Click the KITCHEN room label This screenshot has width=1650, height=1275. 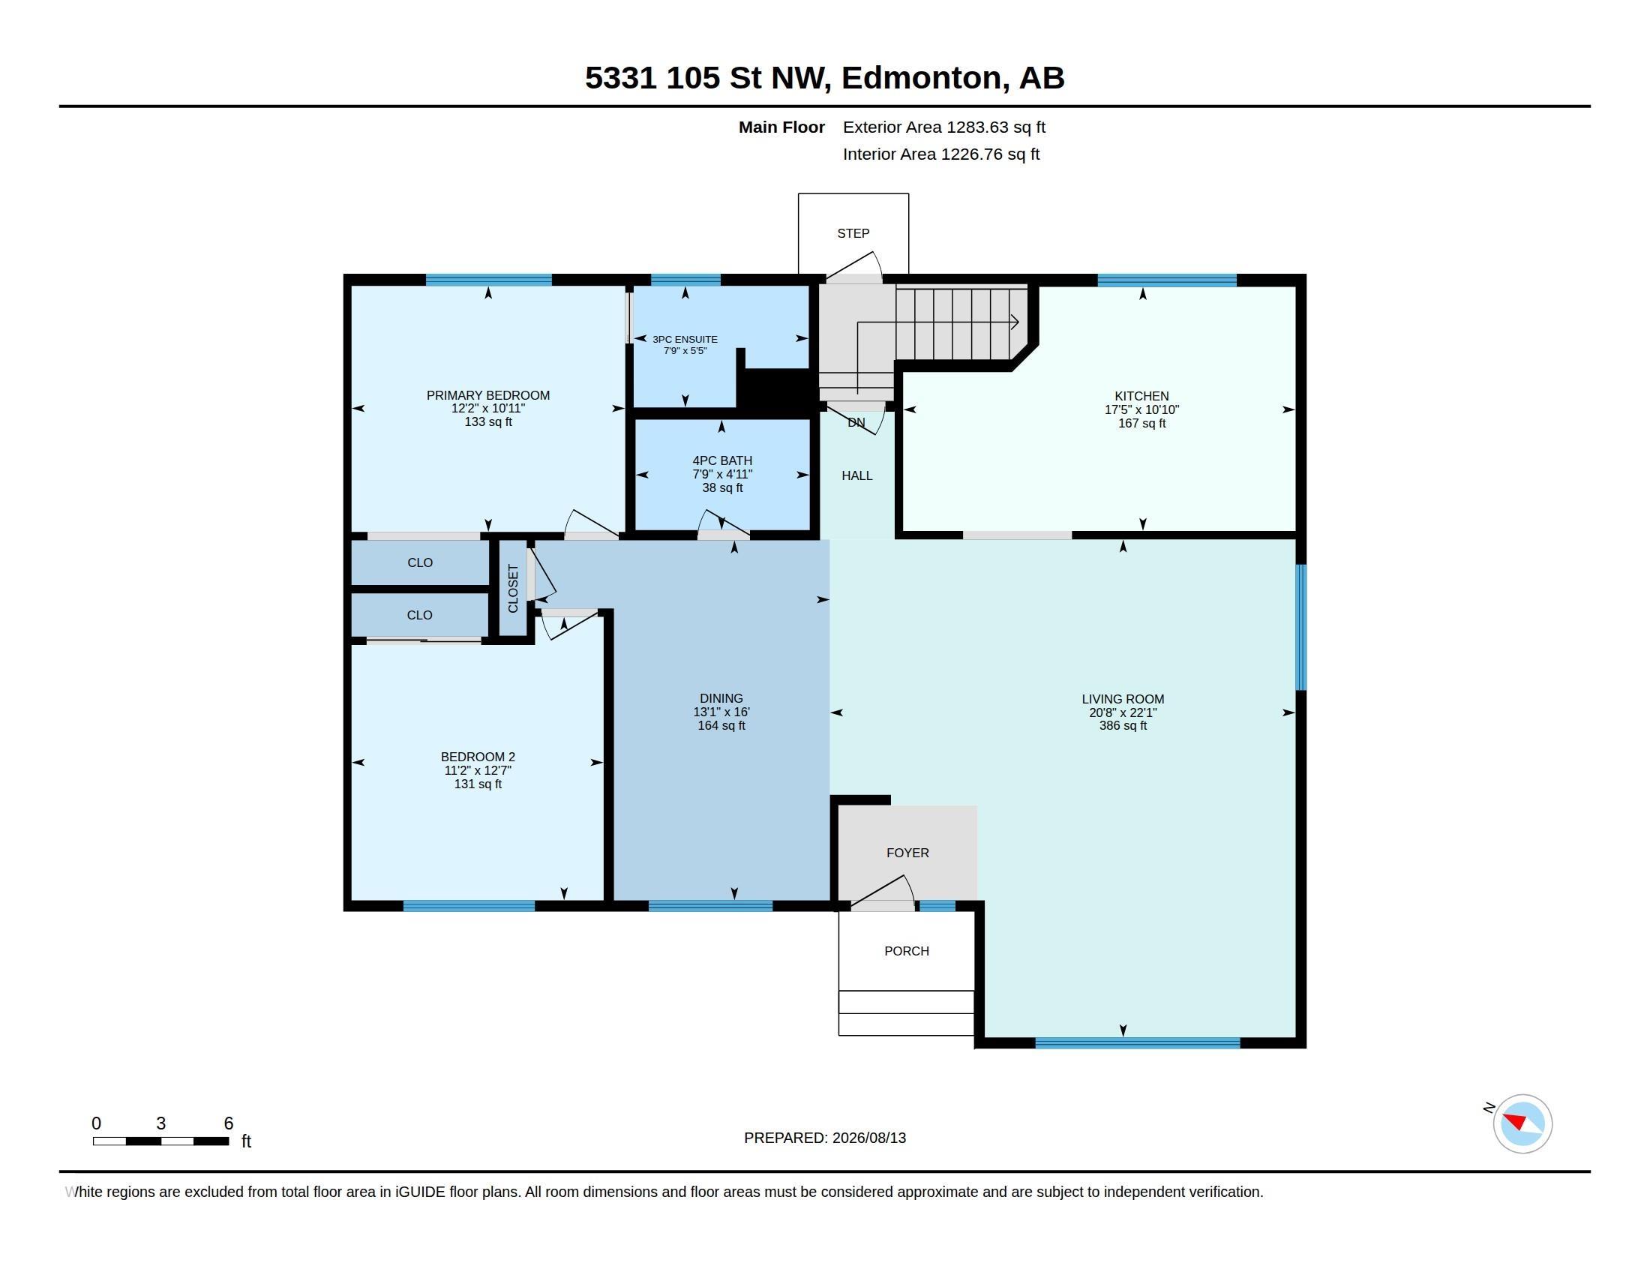coord(1141,396)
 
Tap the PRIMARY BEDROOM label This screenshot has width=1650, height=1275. coord(488,395)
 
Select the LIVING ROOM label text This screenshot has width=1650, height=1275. coord(1123,700)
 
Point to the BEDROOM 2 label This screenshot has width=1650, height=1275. coord(478,757)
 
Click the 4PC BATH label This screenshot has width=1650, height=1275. coord(722,460)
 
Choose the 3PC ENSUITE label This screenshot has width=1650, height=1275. coord(685,339)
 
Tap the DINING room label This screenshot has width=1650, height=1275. coord(721,699)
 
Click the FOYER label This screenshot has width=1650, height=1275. coord(907,853)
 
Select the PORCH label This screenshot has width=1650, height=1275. coord(907,951)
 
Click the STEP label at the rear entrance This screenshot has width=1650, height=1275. coord(853,233)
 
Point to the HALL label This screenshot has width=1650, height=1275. coord(856,475)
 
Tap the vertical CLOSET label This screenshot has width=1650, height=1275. coord(513,589)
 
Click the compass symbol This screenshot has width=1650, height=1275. coord(1522,1123)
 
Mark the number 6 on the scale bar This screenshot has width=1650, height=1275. coord(228,1123)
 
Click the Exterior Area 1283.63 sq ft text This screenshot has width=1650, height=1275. coord(943,127)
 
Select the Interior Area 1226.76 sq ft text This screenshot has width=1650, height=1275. coord(940,154)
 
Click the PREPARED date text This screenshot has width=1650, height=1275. coord(824,1138)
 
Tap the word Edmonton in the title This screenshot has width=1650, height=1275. coord(925,78)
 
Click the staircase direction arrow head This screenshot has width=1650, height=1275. coord(1015,322)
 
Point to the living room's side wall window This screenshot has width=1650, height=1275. coord(1301,627)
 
